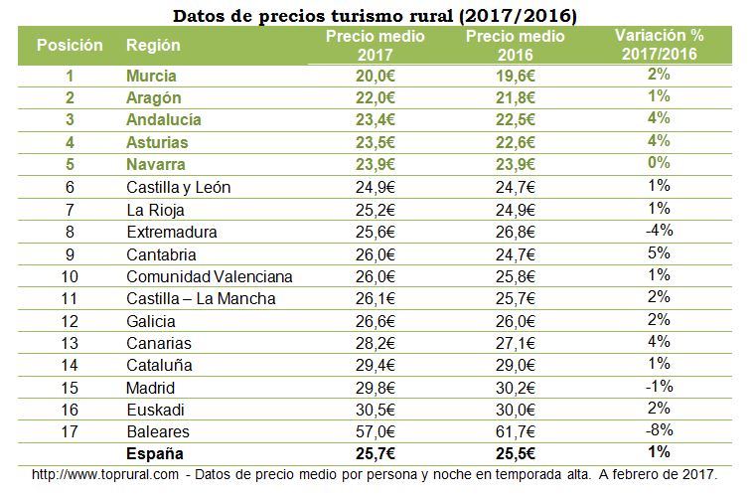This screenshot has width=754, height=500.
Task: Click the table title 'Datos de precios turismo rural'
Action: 375,16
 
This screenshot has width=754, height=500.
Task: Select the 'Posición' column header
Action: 70,46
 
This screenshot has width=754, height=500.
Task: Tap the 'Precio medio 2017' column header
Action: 376,46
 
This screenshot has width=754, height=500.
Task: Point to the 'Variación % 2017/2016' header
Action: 659,46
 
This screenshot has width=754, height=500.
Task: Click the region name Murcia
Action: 152,76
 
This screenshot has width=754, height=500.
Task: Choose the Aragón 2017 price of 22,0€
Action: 377,97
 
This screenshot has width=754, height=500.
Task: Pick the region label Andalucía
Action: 164,119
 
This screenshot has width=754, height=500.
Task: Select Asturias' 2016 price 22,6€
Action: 515,142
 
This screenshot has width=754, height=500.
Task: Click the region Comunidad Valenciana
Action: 210,275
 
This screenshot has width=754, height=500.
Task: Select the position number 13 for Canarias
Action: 70,343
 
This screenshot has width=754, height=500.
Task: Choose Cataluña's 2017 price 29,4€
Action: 377,365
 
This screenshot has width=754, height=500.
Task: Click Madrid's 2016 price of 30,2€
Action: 515,387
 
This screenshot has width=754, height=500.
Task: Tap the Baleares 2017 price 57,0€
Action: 377,432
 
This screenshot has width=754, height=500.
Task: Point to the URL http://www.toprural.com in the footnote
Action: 106,475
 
